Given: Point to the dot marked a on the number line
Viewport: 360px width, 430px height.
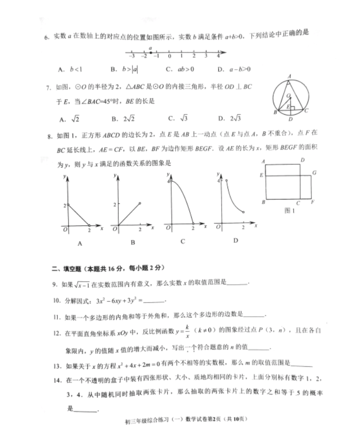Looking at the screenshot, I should pos(151,52).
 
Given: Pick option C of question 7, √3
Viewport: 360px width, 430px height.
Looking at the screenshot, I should pos(179,118).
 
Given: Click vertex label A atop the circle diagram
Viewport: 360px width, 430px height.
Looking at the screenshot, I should pos(290,76).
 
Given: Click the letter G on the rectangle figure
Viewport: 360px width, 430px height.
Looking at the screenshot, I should pos(314,173).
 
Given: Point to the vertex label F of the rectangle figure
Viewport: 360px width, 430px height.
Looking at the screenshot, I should pos(313,202).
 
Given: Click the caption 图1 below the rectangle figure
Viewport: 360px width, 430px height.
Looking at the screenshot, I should pos(289,211).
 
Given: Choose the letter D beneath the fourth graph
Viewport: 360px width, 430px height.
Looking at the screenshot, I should pos(235,240).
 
